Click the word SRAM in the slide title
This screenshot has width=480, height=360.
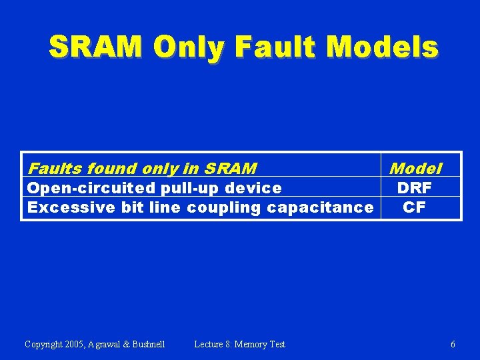pos(96,47)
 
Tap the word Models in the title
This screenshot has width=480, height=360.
pos(383,47)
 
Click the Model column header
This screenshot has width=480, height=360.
pos(415,168)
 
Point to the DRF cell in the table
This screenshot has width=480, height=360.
pos(414,188)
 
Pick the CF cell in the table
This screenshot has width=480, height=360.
pos(414,207)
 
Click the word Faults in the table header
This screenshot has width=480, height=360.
pos(55,169)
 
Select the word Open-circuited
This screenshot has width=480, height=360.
pos(89,188)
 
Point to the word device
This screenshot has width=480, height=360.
pos(252,188)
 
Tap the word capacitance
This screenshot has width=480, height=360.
pos(320,207)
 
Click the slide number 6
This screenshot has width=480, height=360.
pos(453,345)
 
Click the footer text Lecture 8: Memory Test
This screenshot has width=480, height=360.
pos(239,345)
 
